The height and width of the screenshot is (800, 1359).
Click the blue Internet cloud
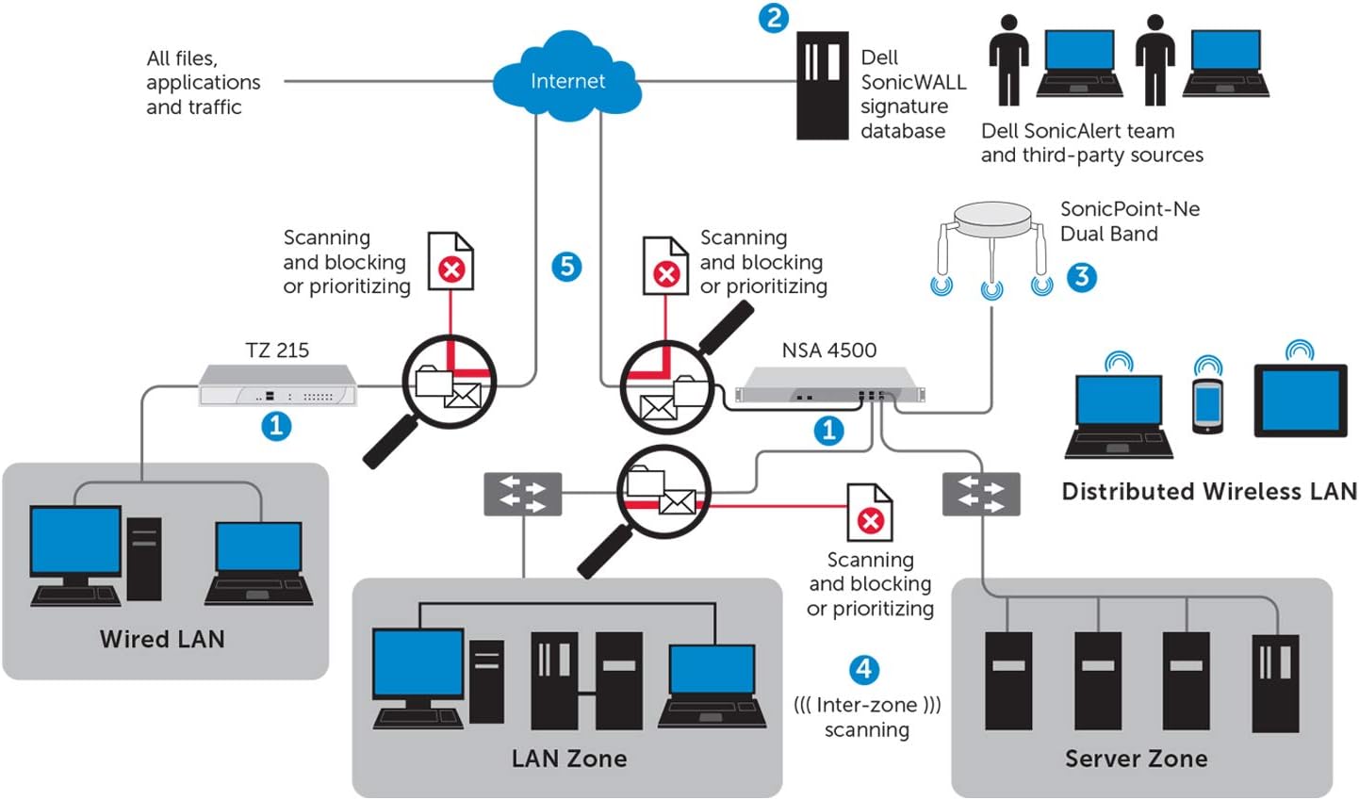click(566, 79)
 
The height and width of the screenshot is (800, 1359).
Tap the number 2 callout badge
click(773, 18)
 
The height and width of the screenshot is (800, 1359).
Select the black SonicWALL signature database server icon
click(822, 86)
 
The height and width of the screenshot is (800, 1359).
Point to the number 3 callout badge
click(1082, 277)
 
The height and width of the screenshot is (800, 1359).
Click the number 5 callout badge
click(566, 267)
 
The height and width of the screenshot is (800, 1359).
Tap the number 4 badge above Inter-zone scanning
click(864, 670)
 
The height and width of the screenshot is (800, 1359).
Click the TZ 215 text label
click(277, 351)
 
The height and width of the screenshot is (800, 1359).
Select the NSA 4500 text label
click(828, 351)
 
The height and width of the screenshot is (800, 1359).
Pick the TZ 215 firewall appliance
click(277, 386)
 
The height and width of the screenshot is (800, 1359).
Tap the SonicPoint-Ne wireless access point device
click(991, 226)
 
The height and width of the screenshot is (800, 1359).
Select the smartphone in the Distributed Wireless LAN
click(1207, 405)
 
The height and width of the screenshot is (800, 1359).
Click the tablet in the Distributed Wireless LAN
click(1300, 401)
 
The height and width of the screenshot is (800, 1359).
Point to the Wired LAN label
click(162, 639)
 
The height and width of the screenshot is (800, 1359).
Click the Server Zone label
click(1136, 759)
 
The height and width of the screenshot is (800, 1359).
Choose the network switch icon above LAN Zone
click(522, 494)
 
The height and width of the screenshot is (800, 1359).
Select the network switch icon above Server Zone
click(981, 494)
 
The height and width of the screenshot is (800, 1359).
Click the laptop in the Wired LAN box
click(258, 563)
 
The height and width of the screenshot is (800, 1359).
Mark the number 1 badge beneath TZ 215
click(276, 426)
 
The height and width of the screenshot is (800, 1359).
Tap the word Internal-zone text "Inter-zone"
click(866, 705)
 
